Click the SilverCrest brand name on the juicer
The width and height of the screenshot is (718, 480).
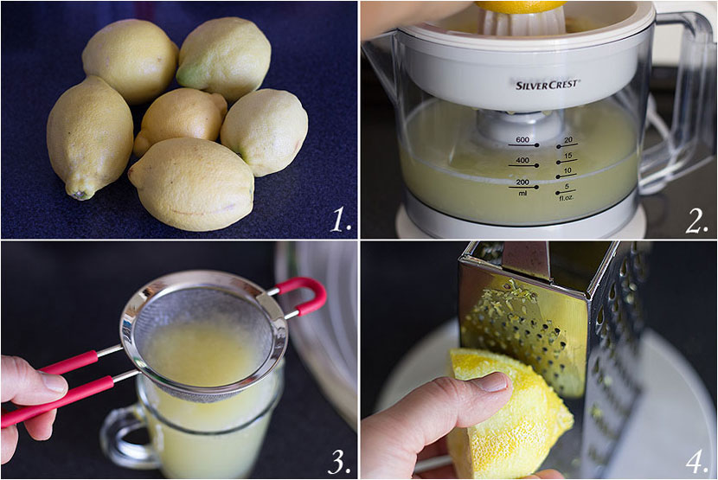548,85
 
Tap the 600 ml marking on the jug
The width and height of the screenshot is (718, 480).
522,140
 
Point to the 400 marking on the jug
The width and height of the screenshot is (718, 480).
522,160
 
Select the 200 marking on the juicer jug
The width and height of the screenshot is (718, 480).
522,182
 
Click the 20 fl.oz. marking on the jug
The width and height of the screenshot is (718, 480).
568,140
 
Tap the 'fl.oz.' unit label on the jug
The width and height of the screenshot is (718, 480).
566,198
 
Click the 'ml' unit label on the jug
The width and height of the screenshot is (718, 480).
522,193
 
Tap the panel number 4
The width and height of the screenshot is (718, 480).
697,462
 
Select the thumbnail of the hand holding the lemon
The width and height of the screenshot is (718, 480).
494,382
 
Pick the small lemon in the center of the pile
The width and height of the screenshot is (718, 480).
180,119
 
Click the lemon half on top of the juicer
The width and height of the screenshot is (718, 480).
521,6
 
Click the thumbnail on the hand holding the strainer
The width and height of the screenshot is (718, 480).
53,382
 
